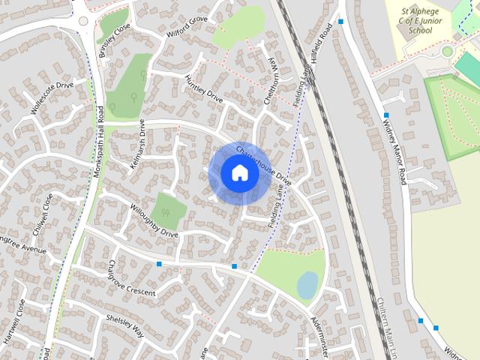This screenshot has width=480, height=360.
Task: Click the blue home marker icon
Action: [239, 173]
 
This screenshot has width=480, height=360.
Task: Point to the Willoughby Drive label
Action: [154, 221]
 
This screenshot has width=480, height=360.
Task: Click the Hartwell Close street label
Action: [16, 322]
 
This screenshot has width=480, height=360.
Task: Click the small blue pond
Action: [307, 284]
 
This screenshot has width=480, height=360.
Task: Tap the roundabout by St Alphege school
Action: [447, 52]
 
